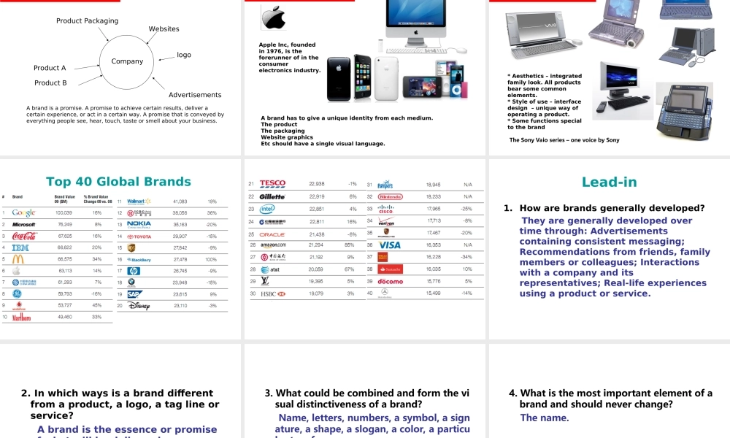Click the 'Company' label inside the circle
(127, 61)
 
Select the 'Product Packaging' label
(87, 21)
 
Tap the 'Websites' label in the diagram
(164, 29)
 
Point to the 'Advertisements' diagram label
(195, 95)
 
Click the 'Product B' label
(50, 83)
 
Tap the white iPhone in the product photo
(386, 78)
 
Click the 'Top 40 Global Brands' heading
(118, 182)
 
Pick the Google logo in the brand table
(23, 213)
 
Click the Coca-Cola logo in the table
(24, 237)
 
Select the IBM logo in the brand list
(22, 248)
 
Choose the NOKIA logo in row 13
(139, 224)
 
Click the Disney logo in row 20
(139, 306)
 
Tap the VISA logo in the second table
(389, 245)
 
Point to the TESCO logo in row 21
(272, 184)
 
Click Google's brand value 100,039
(64, 213)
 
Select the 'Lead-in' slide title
(609, 182)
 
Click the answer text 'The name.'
(544, 418)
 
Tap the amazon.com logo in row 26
(274, 245)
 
